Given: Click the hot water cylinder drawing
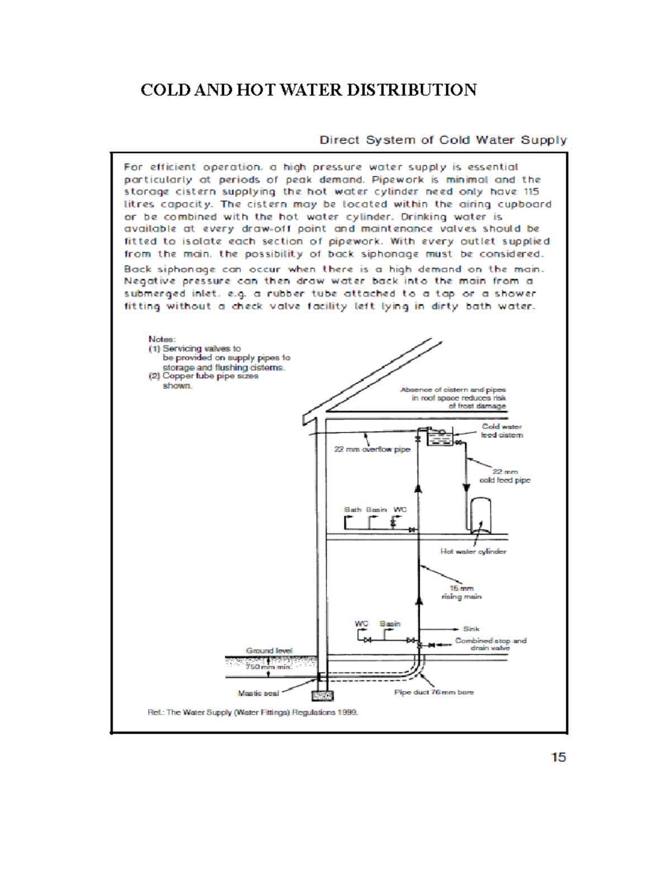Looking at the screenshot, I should pos(480,513).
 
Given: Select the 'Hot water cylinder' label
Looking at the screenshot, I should pos(473,551).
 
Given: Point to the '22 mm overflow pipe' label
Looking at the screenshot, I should pos(372,449).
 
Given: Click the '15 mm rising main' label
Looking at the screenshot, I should pos(461,592).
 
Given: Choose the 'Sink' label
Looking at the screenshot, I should pos(471,629).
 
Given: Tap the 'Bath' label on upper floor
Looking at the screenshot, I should pos(352,510).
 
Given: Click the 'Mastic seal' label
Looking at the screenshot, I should pos(258,693).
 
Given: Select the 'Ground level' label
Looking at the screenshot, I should pos(269,650).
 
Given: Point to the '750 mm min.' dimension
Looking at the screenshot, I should pos(268,666).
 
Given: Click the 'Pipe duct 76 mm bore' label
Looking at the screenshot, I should pos(434,692).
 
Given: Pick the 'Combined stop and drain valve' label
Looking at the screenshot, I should pos(490,644).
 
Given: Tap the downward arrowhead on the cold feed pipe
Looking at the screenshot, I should pos(466,487).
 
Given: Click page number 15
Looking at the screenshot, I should pos(558,757).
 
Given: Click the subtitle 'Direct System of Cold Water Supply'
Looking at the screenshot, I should pos(443,140).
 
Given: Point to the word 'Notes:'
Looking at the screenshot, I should pos(162,339).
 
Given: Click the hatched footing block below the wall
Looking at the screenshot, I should pos(322,696).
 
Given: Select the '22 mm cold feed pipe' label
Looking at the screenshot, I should pos(505,476).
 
